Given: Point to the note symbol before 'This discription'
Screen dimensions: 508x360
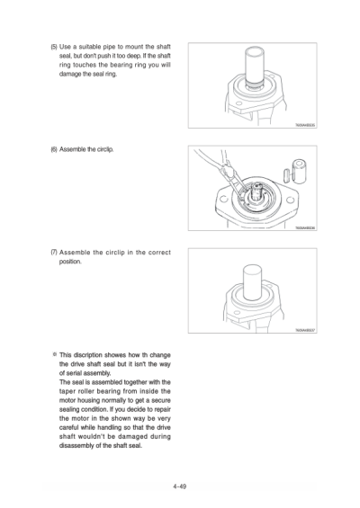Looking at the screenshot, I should (x=53, y=353).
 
